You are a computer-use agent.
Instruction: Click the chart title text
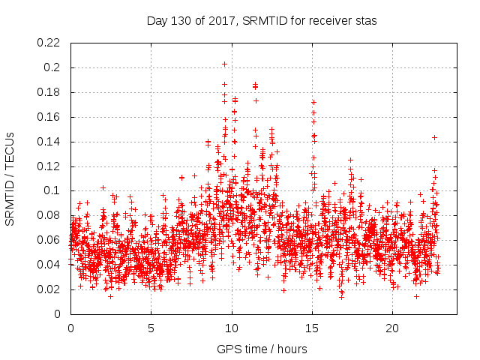(x=262, y=21)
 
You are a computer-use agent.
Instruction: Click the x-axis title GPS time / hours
(x=262, y=349)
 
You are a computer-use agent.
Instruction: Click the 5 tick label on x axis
(x=151, y=328)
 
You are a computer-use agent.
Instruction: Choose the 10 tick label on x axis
(x=232, y=328)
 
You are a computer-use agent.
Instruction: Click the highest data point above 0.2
(x=224, y=64)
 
